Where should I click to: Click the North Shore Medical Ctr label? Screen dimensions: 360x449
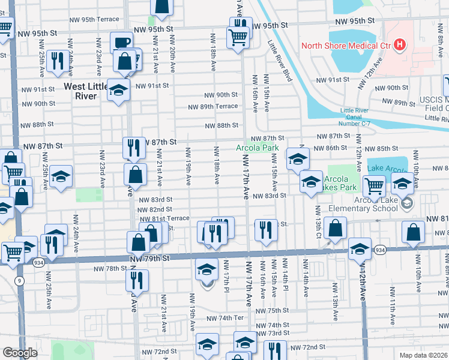pyautogui.click(x=346, y=45)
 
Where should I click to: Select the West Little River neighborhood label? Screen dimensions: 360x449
pyautogui.click(x=86, y=92)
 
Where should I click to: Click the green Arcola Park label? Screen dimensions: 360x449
pyautogui.click(x=257, y=148)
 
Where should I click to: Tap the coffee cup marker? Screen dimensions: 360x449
pyautogui.click(x=121, y=43)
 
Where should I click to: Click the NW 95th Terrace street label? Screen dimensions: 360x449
pyautogui.click(x=93, y=19)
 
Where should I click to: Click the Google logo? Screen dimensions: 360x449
pyautogui.click(x=20, y=353)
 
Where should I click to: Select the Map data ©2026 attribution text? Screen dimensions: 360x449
pyautogui.click(x=423, y=355)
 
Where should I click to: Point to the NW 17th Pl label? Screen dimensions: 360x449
pyautogui.click(x=227, y=274)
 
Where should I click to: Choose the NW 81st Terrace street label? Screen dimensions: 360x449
pyautogui.click(x=163, y=218)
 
